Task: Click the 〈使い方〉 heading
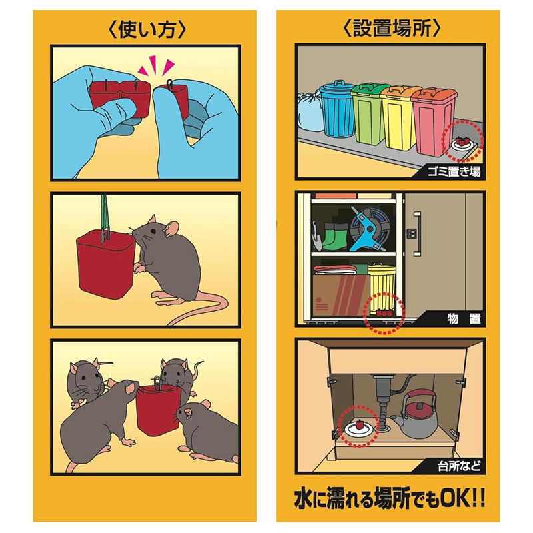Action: [147, 29]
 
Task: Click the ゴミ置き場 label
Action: [454, 172]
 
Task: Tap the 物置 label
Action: [464, 319]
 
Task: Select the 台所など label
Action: [459, 466]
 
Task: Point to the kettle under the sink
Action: [416, 414]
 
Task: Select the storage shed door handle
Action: [417, 234]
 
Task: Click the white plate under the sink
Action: [359, 428]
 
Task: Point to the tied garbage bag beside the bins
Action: [310, 110]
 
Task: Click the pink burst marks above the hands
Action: [156, 66]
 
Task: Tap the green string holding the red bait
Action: [104, 213]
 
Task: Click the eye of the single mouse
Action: [153, 231]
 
